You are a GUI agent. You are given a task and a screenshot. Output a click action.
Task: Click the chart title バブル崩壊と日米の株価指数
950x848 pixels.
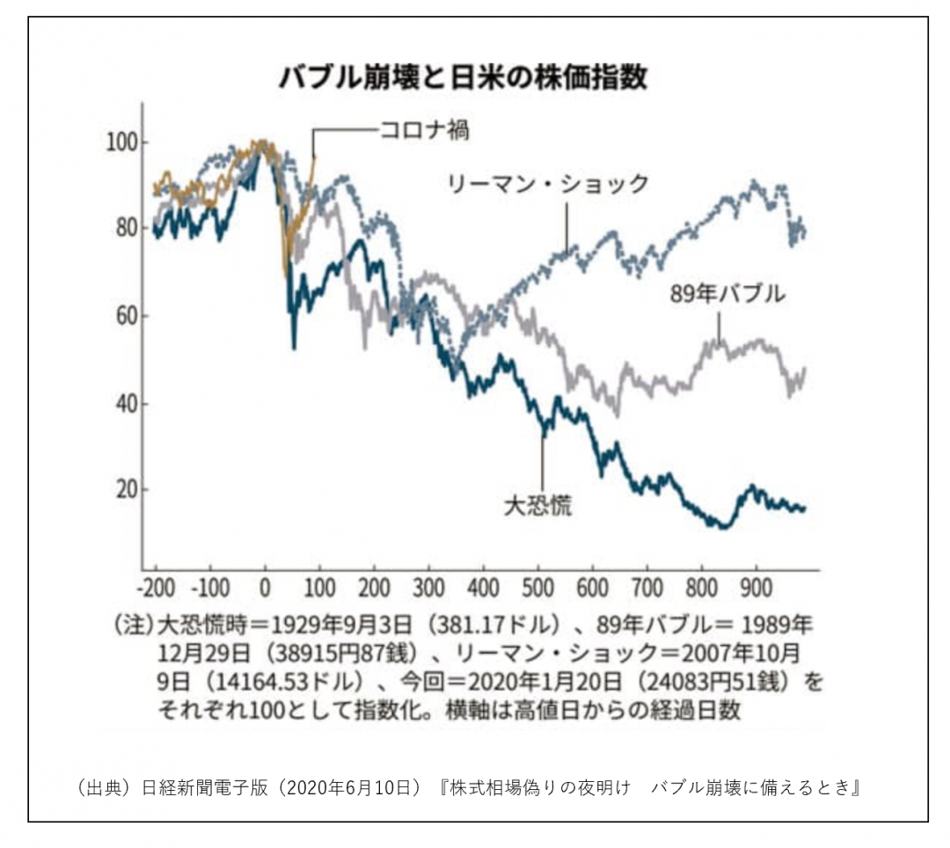[x=464, y=77]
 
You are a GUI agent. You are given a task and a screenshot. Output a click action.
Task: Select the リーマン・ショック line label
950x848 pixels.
[x=548, y=184]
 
